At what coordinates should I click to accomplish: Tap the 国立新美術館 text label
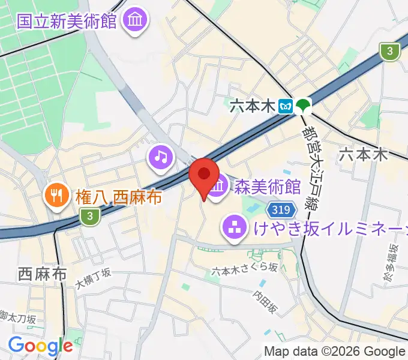66,22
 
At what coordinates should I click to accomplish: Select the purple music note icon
160,157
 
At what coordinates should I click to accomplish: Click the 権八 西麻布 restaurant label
118,196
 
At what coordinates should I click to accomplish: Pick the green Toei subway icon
304,106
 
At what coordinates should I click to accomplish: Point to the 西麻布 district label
41,275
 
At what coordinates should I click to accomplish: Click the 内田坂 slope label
265,302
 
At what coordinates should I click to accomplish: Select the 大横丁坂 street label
93,277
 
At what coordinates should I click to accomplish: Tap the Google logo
40,345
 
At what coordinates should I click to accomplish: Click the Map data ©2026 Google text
335,351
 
